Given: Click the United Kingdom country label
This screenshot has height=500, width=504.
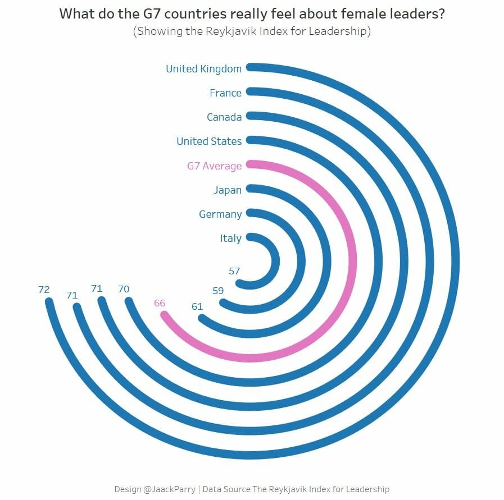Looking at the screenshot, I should tap(203, 69).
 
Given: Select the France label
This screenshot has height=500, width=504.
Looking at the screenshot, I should tap(225, 93).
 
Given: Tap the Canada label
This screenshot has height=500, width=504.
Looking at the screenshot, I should tap(224, 117).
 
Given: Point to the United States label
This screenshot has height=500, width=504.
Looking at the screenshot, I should tap(209, 141).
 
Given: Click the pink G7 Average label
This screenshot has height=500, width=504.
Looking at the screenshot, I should tap(214, 166).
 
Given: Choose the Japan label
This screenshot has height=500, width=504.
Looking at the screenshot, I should tap(228, 190).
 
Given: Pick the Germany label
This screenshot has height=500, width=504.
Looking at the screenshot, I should tap(220, 214).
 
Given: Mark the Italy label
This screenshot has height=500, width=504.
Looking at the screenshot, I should tap(230, 238).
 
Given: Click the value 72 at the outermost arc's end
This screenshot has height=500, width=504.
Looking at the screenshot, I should tap(44, 290).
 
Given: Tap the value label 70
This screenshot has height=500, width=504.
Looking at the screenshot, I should tap(124, 289).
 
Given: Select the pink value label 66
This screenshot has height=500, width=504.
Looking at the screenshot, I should tap(160, 303).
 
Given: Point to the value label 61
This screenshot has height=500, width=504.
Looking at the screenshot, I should tap(197, 306).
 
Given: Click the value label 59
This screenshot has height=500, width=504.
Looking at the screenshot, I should tap(218, 291).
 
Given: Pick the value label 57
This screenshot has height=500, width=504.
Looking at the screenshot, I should tap(234, 271).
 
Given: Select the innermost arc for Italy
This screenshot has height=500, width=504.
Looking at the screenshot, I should tap(275, 262).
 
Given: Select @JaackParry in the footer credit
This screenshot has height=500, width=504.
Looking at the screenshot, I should tap(169, 489).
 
